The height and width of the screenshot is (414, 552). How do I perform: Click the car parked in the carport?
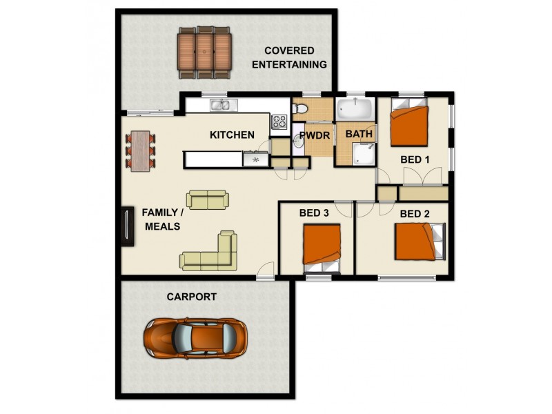195,338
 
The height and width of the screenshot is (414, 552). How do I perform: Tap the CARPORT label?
192,297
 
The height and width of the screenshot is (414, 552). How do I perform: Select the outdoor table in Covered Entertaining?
204,52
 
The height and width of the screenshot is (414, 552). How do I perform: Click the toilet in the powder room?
300,108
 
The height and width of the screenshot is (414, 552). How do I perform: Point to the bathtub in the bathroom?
355,109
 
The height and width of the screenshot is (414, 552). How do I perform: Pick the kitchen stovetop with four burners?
279,121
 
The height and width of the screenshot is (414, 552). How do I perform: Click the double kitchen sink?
224,105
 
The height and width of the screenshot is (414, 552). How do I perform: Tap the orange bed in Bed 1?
409,122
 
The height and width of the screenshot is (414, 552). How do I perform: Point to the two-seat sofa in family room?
208,199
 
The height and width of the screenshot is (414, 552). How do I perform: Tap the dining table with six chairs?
141,151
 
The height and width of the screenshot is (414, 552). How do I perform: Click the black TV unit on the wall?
127,226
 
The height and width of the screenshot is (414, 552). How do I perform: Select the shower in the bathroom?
364,154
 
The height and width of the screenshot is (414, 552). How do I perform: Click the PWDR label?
315,135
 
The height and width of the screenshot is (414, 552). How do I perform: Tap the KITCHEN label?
232,135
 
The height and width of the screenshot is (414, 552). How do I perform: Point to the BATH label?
359,134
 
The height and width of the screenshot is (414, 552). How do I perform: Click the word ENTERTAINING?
289,65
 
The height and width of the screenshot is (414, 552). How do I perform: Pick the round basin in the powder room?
299,141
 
